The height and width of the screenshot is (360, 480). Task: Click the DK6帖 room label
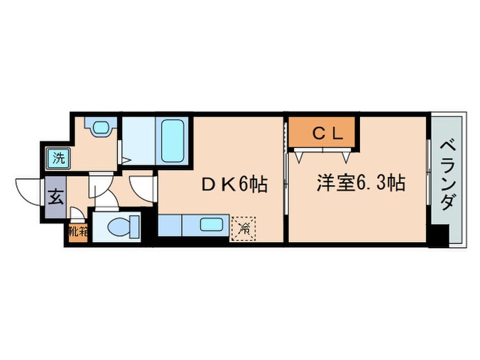(x=233, y=184)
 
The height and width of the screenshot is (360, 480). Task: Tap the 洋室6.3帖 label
(x=360, y=183)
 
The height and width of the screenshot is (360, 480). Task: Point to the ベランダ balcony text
(x=446, y=175)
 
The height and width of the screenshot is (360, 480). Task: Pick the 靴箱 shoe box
(x=78, y=232)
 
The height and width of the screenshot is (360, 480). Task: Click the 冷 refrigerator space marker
(x=243, y=228)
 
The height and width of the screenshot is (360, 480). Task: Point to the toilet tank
(x=136, y=226)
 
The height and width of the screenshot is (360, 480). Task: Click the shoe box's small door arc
(x=82, y=217)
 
